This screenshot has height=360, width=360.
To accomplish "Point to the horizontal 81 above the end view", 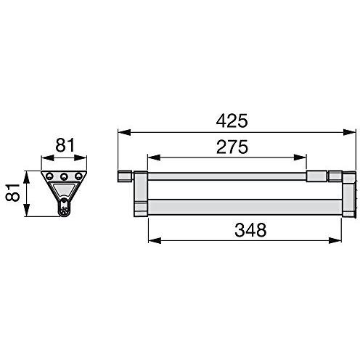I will click(65, 145).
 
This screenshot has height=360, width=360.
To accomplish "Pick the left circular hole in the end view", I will click(50, 176).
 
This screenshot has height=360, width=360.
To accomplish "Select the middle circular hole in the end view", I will click(64, 176).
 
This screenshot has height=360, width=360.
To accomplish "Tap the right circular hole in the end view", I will click(78, 176).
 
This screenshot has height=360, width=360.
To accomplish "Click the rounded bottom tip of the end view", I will click(64, 211).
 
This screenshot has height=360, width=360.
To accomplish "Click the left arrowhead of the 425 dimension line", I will click(122, 133).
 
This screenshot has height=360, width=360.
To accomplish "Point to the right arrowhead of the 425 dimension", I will click(351, 133).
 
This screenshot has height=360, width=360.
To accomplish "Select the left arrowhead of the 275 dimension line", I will click(152, 157).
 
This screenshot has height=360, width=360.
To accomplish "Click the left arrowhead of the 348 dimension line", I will click(152, 241).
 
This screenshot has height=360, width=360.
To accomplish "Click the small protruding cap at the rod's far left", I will click(123, 176).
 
